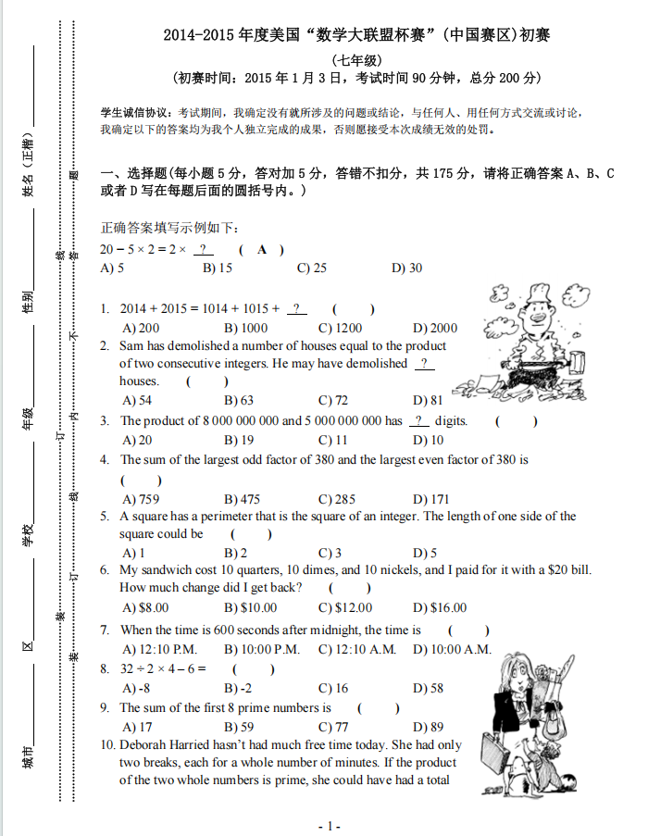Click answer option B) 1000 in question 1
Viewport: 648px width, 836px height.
pos(245,328)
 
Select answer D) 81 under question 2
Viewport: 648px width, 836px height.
pos(428,401)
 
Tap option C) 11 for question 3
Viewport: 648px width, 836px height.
pos(332,441)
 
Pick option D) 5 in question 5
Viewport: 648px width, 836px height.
pos(425,554)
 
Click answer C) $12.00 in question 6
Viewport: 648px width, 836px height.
pos(345,608)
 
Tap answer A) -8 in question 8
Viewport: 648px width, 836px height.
pos(136,688)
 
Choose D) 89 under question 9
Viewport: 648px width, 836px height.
pos(428,727)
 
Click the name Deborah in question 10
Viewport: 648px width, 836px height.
pos(143,745)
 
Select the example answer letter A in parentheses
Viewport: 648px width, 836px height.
pos(262,250)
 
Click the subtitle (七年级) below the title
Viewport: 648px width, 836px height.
pos(355,59)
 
